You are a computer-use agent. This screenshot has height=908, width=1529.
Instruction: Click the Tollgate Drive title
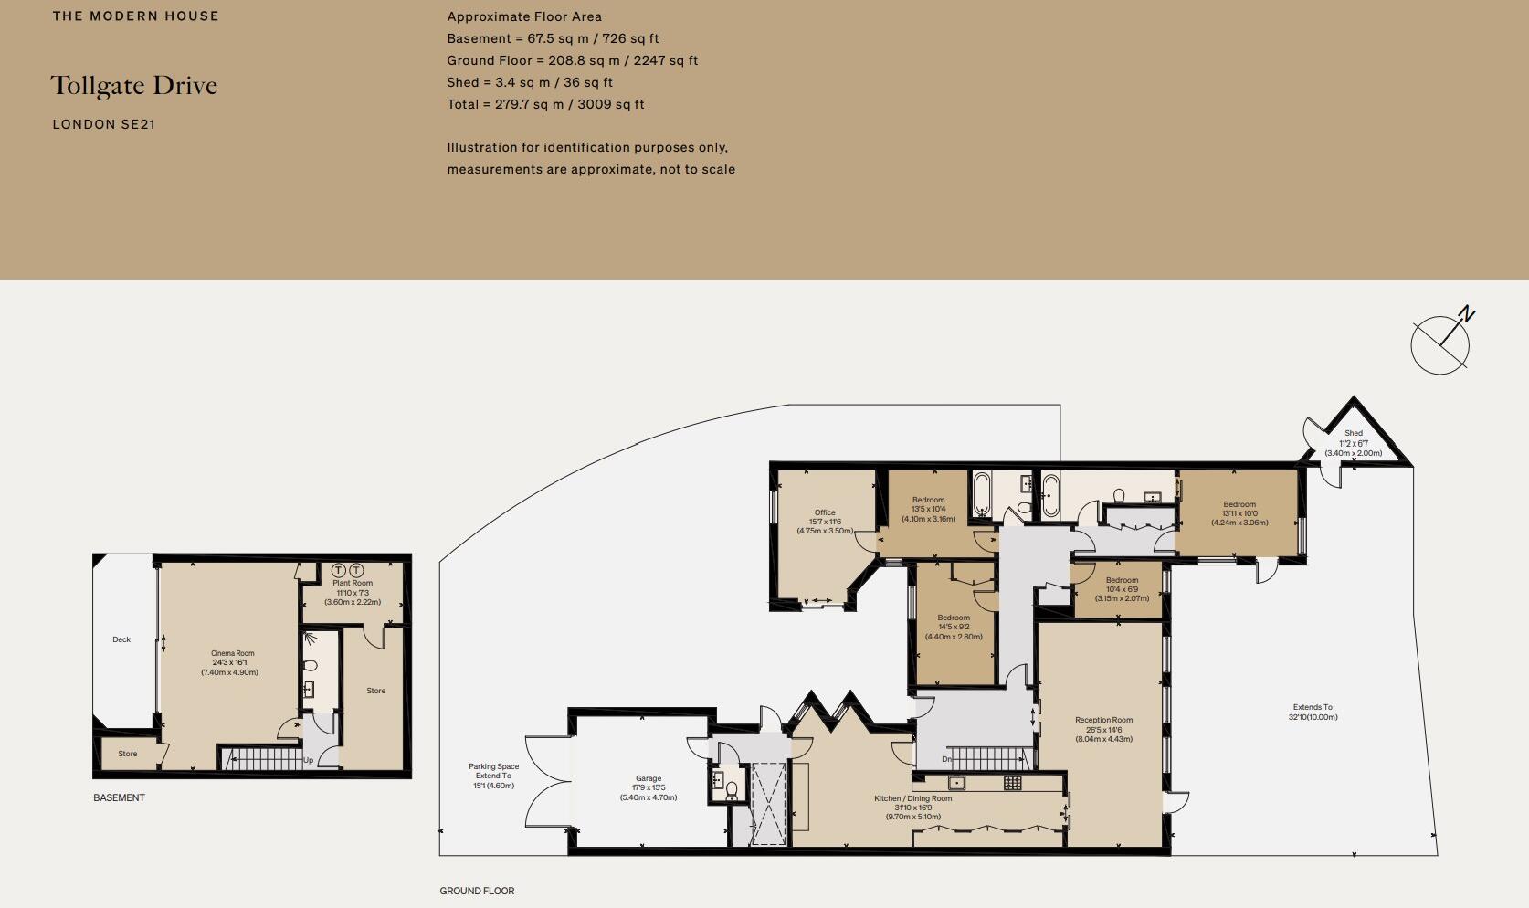[x=134, y=86]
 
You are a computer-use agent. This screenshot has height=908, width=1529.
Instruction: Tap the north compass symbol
[x=1441, y=343]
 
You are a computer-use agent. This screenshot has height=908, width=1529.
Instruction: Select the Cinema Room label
[x=232, y=662]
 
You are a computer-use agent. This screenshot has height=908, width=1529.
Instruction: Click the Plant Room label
[x=353, y=592]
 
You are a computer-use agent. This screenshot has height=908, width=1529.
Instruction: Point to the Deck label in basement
[x=121, y=639]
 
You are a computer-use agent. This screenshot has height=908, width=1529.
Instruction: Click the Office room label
[x=825, y=522]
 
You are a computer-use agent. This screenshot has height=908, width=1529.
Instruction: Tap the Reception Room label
[x=1103, y=729]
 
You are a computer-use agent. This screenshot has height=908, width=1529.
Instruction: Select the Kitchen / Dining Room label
[x=912, y=808]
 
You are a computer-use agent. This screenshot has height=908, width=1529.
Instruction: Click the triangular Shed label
[x=1353, y=443]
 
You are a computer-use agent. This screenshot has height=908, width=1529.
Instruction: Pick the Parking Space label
[x=493, y=776]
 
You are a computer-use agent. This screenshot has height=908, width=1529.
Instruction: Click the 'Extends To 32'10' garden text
[x=1313, y=712]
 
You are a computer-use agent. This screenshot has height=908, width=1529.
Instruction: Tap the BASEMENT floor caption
[x=119, y=797]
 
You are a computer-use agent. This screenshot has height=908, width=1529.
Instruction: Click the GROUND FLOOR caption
[x=477, y=891]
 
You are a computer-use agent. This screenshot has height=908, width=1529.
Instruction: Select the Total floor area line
[x=545, y=104]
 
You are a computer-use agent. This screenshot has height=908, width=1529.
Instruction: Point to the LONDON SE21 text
[x=104, y=124]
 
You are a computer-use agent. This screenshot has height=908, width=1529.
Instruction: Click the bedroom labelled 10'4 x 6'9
[x=1122, y=589]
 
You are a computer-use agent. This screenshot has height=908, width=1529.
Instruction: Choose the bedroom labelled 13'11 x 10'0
[x=1239, y=513]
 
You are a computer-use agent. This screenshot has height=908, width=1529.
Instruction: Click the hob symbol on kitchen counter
[x=1012, y=782]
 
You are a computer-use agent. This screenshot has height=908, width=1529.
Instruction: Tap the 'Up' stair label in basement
[x=308, y=760]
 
